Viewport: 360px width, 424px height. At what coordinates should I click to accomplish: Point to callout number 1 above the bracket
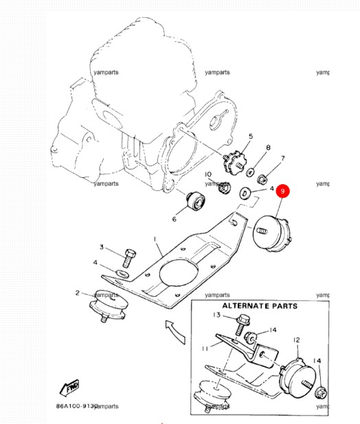pyautogui.click(x=156, y=238)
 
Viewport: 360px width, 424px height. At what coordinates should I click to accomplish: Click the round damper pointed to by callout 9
pyautogui.click(x=273, y=234)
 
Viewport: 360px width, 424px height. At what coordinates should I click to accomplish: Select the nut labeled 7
pyautogui.click(x=262, y=180)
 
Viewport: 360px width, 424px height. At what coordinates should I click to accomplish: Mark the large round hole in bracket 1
pyautogui.click(x=175, y=273)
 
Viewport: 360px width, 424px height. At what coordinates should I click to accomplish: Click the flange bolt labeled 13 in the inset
pyautogui.click(x=241, y=320)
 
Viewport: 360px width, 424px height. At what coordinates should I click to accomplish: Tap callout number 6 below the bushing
pyautogui.click(x=174, y=219)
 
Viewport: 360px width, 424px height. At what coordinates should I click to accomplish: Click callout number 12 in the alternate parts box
pyautogui.click(x=297, y=339)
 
